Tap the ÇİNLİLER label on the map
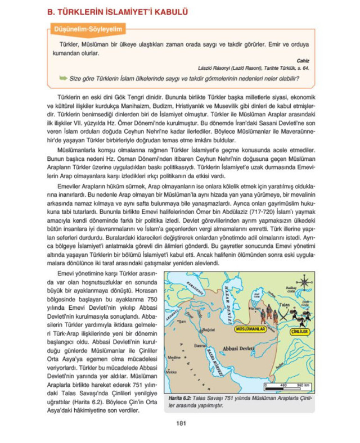tap(303, 332)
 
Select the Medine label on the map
tap(173, 358)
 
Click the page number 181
tap(180, 423)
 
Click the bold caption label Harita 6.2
tap(181, 398)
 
